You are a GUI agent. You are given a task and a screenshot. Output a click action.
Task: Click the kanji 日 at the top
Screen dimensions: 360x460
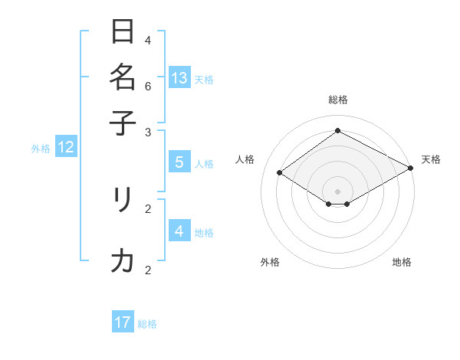point(123,31)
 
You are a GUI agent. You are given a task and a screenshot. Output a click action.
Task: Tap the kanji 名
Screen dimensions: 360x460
point(123,77)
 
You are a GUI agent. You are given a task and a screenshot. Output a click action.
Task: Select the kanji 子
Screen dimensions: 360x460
point(123,123)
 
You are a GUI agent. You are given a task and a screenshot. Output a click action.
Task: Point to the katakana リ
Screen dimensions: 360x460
point(123,201)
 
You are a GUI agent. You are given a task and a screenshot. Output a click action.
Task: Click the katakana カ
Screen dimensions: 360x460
point(123,261)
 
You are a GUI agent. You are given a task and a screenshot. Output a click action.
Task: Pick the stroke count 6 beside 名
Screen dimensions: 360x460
point(148,87)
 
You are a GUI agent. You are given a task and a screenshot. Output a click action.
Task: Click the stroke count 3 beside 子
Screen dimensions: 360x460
point(148,132)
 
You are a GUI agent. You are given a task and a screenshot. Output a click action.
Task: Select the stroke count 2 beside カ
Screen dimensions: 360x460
point(148,270)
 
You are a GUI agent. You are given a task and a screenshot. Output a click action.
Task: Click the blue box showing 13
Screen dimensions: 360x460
point(179,77)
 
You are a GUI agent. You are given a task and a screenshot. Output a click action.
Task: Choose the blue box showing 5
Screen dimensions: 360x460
point(179,162)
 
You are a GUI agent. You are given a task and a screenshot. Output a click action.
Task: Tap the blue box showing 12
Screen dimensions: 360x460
point(66,148)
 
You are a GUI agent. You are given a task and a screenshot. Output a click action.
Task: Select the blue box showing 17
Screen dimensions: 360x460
point(123,322)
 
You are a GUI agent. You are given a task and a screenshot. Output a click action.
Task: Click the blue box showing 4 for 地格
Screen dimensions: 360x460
point(179,231)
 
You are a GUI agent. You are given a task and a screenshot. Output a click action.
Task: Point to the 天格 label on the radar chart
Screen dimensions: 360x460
point(431,159)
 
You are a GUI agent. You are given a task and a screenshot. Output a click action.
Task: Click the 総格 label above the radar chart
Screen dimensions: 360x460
point(337,100)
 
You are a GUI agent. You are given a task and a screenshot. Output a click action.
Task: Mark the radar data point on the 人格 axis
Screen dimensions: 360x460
point(280,173)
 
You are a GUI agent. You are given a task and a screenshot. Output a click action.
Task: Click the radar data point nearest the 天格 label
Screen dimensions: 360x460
point(411,169)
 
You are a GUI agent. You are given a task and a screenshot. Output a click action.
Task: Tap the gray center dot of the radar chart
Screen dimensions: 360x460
point(337,191)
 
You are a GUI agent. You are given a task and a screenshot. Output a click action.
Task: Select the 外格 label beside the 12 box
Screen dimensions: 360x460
point(41,149)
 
